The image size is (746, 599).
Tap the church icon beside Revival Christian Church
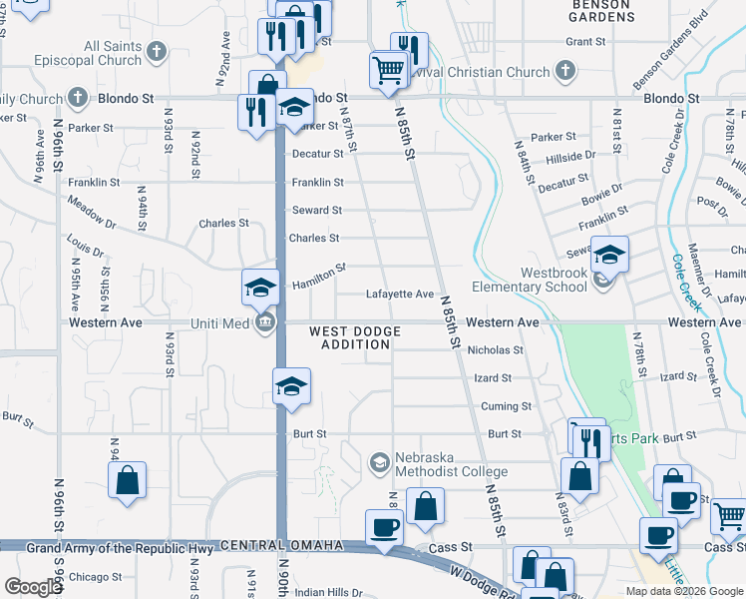565,71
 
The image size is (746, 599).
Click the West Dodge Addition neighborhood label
355,337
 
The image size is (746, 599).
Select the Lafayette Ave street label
400,295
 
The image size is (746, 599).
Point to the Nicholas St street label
496,350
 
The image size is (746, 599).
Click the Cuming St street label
506,406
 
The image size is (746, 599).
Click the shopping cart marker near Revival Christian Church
387,70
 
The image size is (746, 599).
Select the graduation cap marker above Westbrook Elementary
609,256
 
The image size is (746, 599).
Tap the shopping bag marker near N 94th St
128,481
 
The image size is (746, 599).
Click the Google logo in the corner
33,588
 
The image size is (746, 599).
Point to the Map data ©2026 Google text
683,591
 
